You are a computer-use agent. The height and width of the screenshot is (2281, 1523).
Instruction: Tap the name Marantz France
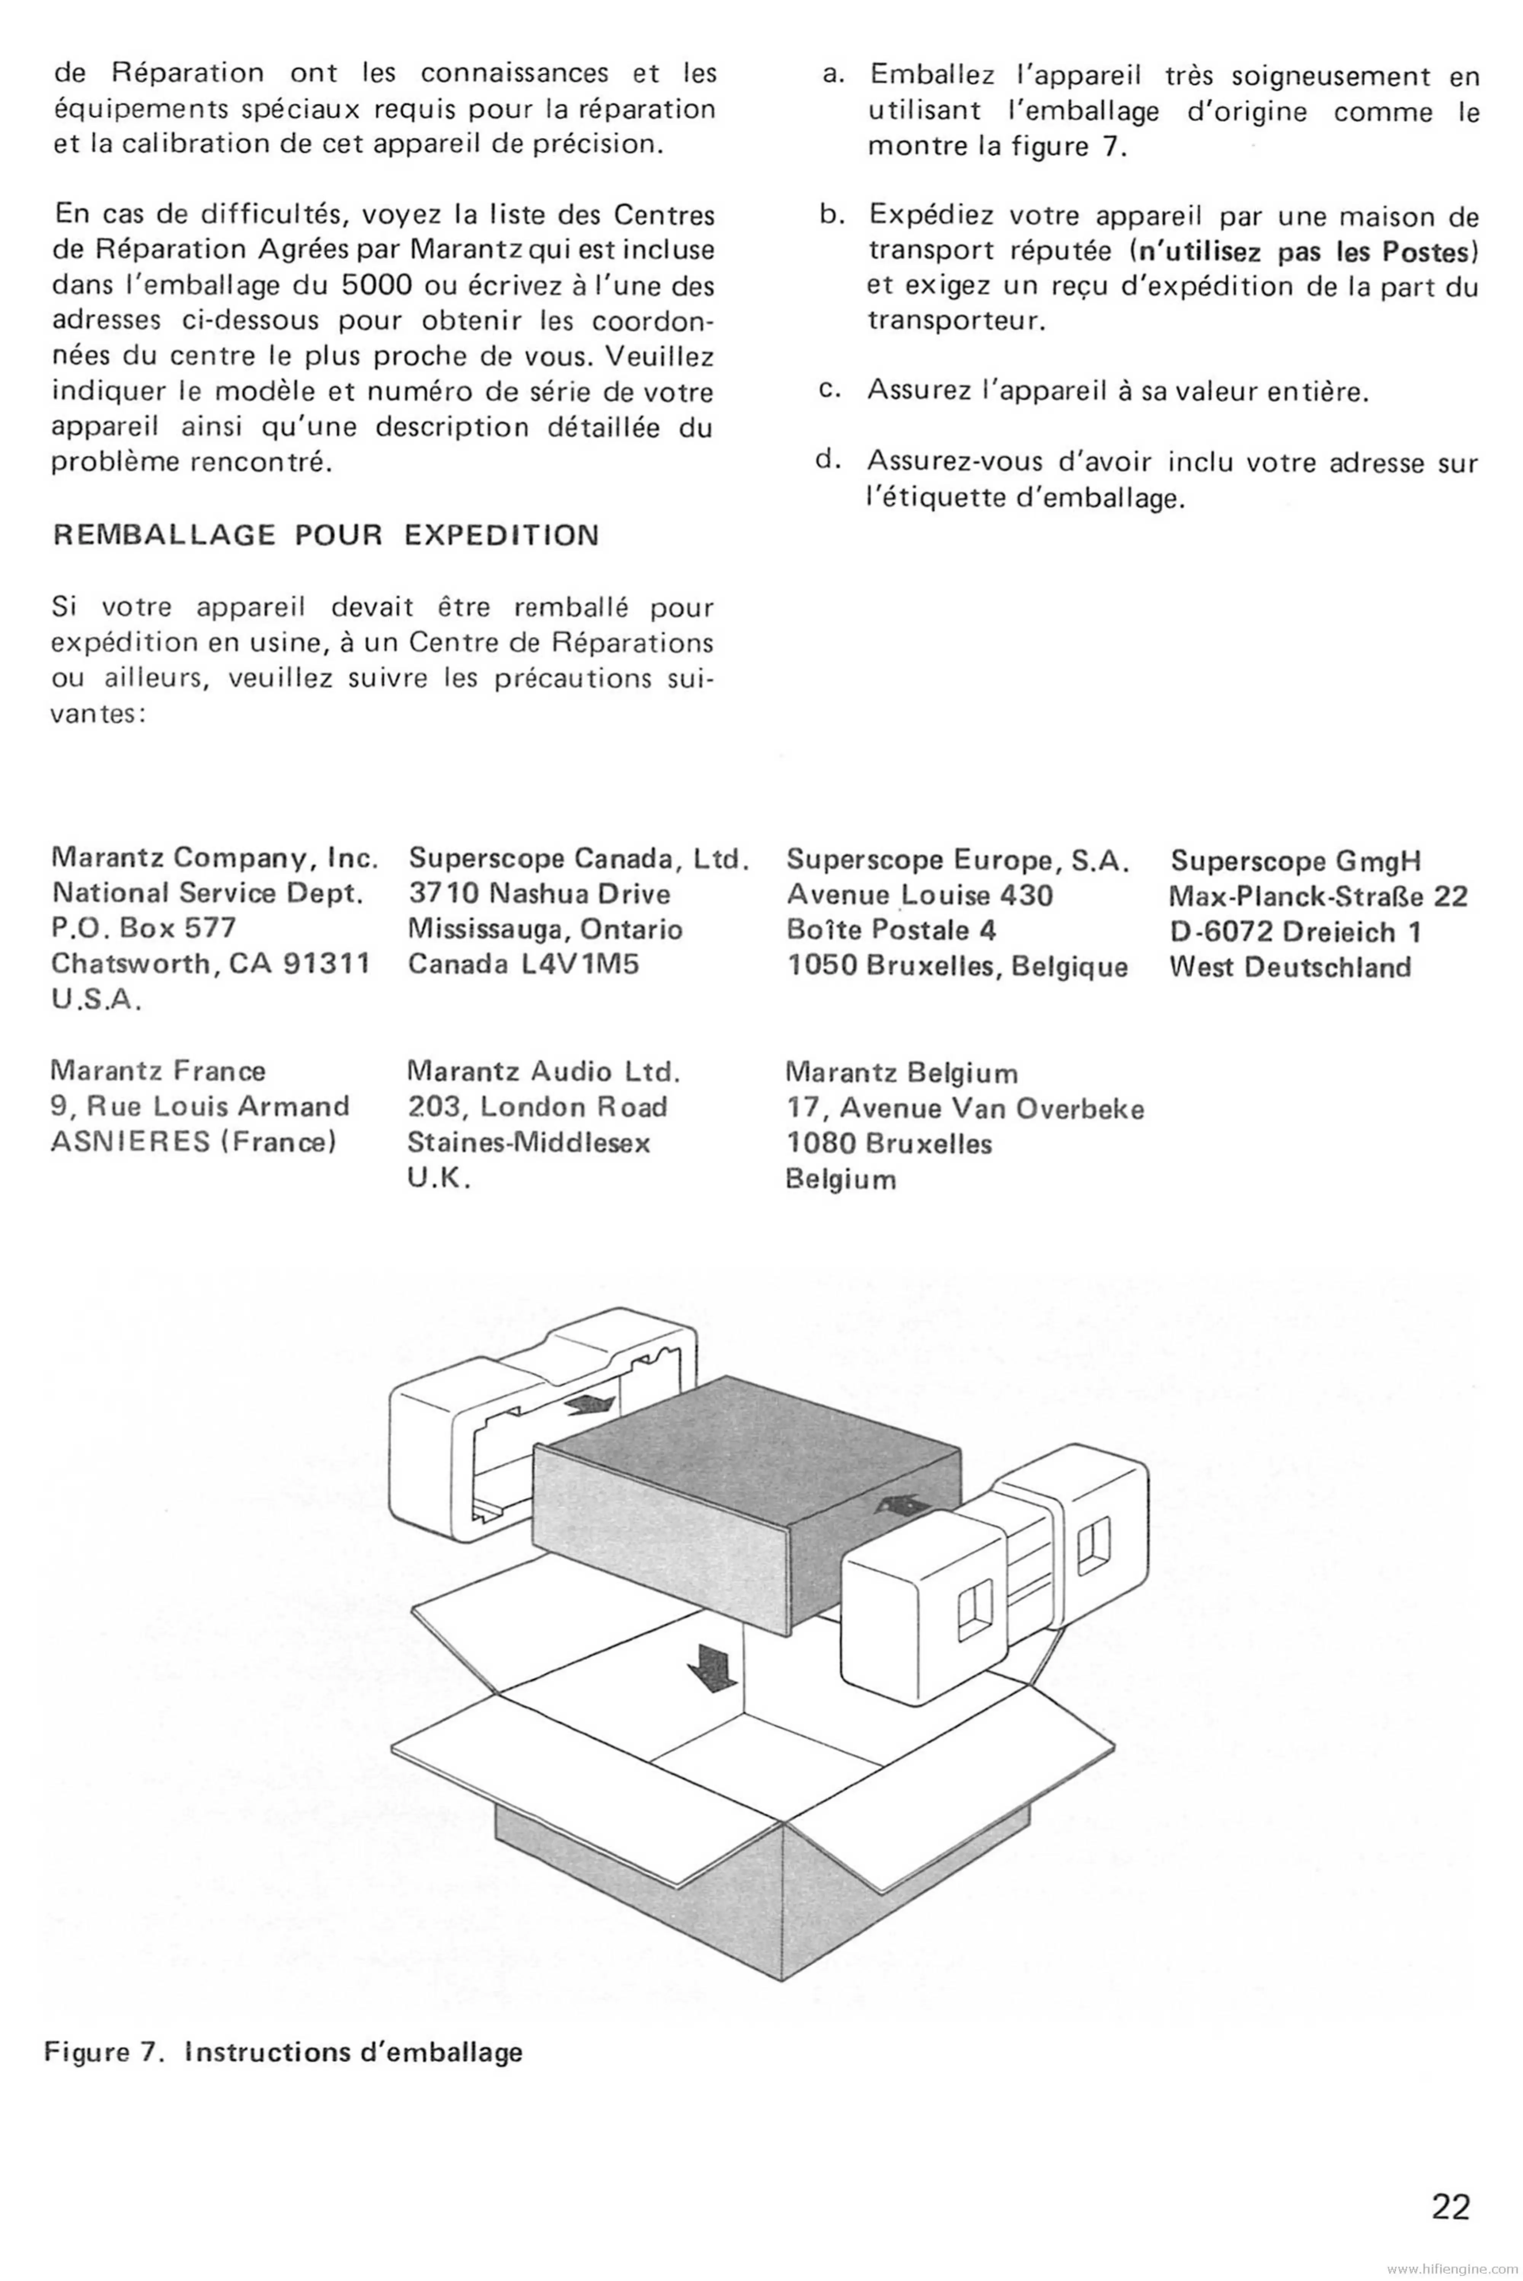pos(157,1071)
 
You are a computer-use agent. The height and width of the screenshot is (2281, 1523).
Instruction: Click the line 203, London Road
pos(537,1107)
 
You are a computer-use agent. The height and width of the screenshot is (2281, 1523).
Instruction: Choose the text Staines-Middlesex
pos(528,1143)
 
